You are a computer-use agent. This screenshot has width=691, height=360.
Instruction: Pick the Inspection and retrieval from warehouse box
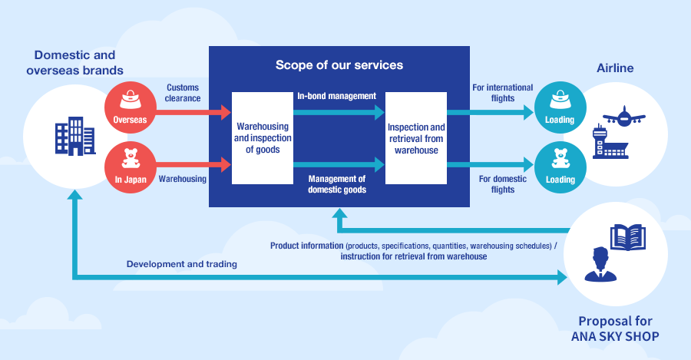415,137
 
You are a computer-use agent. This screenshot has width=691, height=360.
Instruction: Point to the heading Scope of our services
339,65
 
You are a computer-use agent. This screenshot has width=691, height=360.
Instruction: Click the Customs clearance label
183,93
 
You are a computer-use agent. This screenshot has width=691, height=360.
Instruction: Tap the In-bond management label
336,96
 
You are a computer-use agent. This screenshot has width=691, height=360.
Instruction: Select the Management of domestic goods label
336,184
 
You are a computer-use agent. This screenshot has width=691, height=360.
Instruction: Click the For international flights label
502,93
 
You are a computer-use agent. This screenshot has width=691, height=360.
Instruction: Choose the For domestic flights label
502,184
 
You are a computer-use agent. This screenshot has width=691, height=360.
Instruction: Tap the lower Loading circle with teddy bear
559,164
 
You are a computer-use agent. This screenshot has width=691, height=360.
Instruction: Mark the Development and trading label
181,264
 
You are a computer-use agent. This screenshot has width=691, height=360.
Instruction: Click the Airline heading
615,68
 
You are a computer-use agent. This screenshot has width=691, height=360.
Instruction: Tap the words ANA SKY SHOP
615,336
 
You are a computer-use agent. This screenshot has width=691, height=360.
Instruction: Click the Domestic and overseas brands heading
74,63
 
